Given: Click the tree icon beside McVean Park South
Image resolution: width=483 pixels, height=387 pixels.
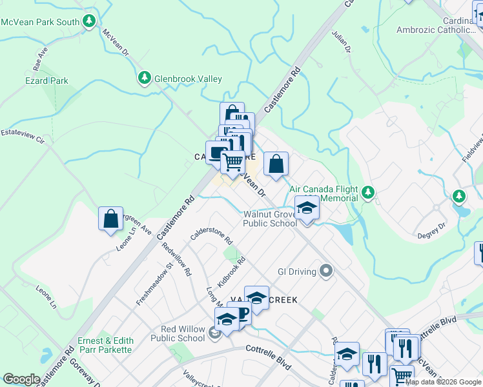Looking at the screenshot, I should click(90, 21).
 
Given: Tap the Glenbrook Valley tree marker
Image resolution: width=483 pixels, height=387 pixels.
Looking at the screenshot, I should click(145, 79).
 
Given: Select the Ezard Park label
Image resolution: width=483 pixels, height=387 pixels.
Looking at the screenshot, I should click(46, 81).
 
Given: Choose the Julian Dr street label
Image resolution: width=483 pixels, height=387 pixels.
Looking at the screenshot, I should click(342, 41).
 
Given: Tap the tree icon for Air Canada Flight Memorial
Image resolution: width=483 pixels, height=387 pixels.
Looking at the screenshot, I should click(368, 192).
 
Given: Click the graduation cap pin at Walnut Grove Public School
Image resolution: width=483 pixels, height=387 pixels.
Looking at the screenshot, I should click(307, 208).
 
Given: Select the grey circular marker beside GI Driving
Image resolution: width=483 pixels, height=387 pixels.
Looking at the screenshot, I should click(326, 272).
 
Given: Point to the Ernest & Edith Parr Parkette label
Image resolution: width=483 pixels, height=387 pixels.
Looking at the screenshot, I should click(105, 345).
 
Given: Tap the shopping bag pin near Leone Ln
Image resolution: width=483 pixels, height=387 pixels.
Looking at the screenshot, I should click(110, 218).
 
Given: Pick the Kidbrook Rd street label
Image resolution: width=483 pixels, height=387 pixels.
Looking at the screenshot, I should click(231, 272).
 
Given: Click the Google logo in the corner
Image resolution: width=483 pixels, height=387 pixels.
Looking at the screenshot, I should click(21, 379).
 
